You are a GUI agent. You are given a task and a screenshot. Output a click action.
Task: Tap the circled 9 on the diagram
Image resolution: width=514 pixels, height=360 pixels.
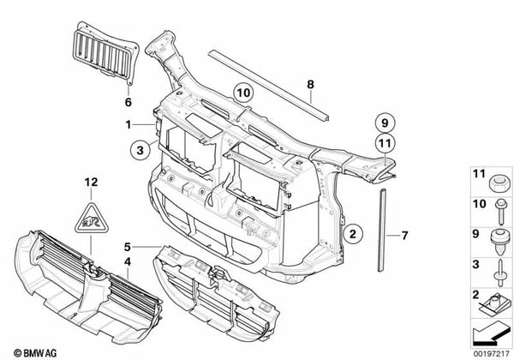[383, 121]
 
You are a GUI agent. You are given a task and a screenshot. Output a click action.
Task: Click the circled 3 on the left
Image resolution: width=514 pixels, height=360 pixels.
[136, 151]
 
